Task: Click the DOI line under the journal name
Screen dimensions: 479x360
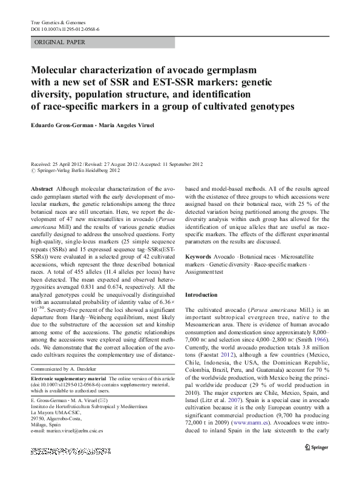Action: click(x=65, y=29)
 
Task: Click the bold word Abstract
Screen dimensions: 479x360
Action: click(x=41, y=190)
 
